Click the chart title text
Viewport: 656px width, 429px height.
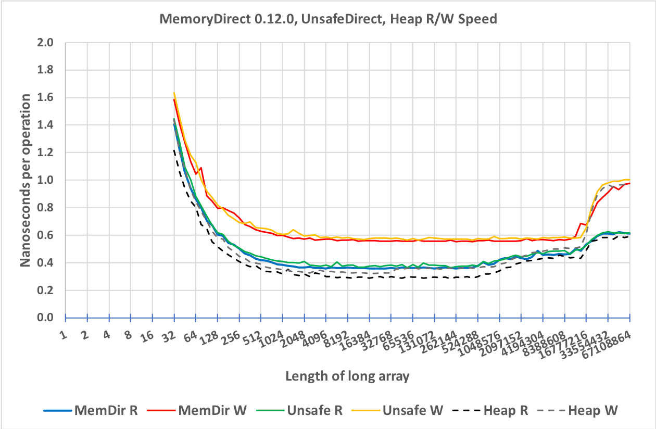[x=328, y=19]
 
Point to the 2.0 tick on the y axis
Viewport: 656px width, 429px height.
[x=47, y=43]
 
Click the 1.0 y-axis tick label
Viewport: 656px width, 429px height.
[x=47, y=180]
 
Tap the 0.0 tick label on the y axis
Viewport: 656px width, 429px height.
[x=47, y=318]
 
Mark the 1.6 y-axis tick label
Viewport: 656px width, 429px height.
[x=47, y=98]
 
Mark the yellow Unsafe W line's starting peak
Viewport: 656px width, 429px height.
[x=174, y=93]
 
